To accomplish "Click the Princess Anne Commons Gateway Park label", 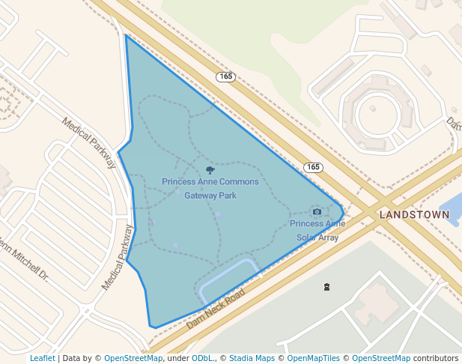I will [x=210, y=189].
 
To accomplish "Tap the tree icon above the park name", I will [x=210, y=171].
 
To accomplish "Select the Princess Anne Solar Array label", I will [x=317, y=230].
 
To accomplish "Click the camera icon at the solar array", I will [x=317, y=212].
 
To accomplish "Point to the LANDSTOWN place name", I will [x=414, y=214].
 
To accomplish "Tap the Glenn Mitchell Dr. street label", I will [x=22, y=258].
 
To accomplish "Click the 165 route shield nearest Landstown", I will [x=312, y=166].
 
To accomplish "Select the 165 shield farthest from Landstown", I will [x=225, y=77].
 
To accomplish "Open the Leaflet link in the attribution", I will [x=42, y=358].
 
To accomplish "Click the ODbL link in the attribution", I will [x=202, y=358].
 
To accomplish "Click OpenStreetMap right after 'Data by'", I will [x=133, y=358].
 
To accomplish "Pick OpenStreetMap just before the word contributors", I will [x=381, y=358].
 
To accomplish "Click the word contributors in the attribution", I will [x=436, y=358].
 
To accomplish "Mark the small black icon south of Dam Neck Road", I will [x=326, y=287].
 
